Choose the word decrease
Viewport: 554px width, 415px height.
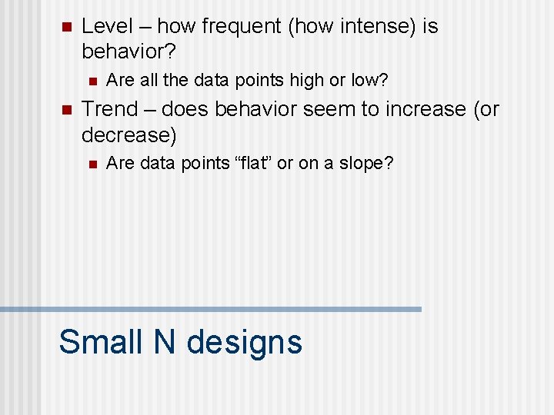(x=125, y=135)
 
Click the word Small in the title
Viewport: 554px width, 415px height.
(x=101, y=341)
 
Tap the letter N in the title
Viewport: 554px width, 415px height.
(x=165, y=341)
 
